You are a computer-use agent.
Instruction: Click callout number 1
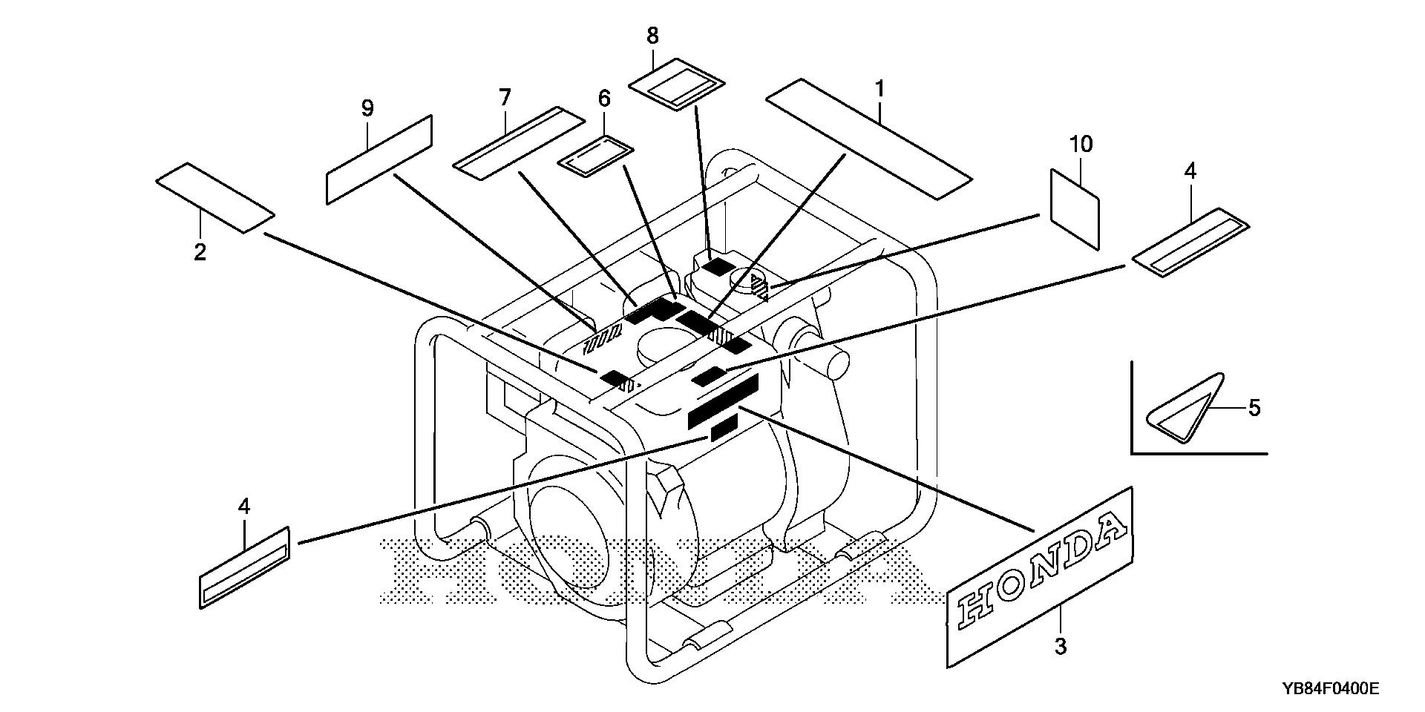click(x=879, y=90)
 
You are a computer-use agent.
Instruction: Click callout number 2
click(x=200, y=252)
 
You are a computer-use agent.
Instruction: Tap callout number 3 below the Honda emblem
click(x=1061, y=646)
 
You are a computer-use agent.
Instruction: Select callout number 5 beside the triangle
click(x=1254, y=408)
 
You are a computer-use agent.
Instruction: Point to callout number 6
click(x=603, y=99)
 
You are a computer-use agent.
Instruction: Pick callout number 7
click(x=505, y=97)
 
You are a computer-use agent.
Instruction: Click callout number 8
click(x=652, y=36)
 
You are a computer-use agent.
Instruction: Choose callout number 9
click(x=367, y=109)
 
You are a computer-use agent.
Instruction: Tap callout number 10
click(x=1081, y=144)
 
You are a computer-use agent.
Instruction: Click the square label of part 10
click(x=1075, y=208)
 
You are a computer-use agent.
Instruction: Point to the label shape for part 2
click(x=215, y=198)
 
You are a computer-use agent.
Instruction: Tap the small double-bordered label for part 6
click(x=595, y=156)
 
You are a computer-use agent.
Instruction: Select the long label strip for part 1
click(x=868, y=138)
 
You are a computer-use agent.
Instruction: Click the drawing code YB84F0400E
click(x=1329, y=689)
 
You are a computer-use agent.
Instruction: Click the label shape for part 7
click(x=519, y=143)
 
